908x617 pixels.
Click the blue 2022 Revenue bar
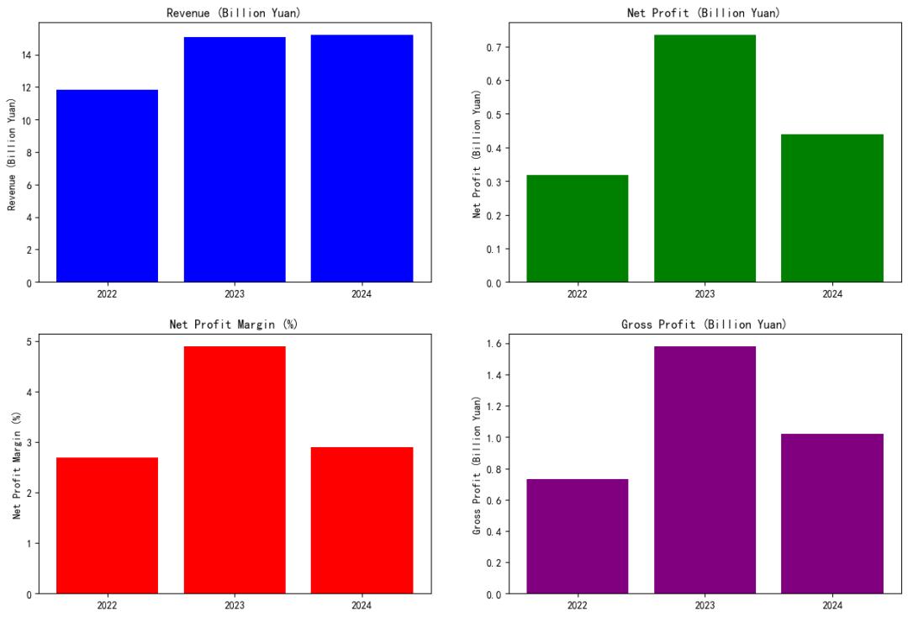coord(107,185)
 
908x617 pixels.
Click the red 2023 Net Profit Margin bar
coord(235,470)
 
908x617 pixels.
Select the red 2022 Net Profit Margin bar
coord(107,525)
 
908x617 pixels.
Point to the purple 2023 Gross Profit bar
coord(705,470)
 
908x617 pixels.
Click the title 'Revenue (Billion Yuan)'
coord(235,13)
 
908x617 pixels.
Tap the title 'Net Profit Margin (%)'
coord(235,324)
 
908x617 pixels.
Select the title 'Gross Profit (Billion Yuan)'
coord(705,324)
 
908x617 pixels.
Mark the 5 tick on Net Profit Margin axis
coord(29,341)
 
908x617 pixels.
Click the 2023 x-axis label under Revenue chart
coord(235,294)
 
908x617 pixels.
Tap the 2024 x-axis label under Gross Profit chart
coord(831,605)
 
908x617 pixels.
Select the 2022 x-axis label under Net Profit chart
coord(578,294)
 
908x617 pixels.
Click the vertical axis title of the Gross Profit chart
coord(477,467)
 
